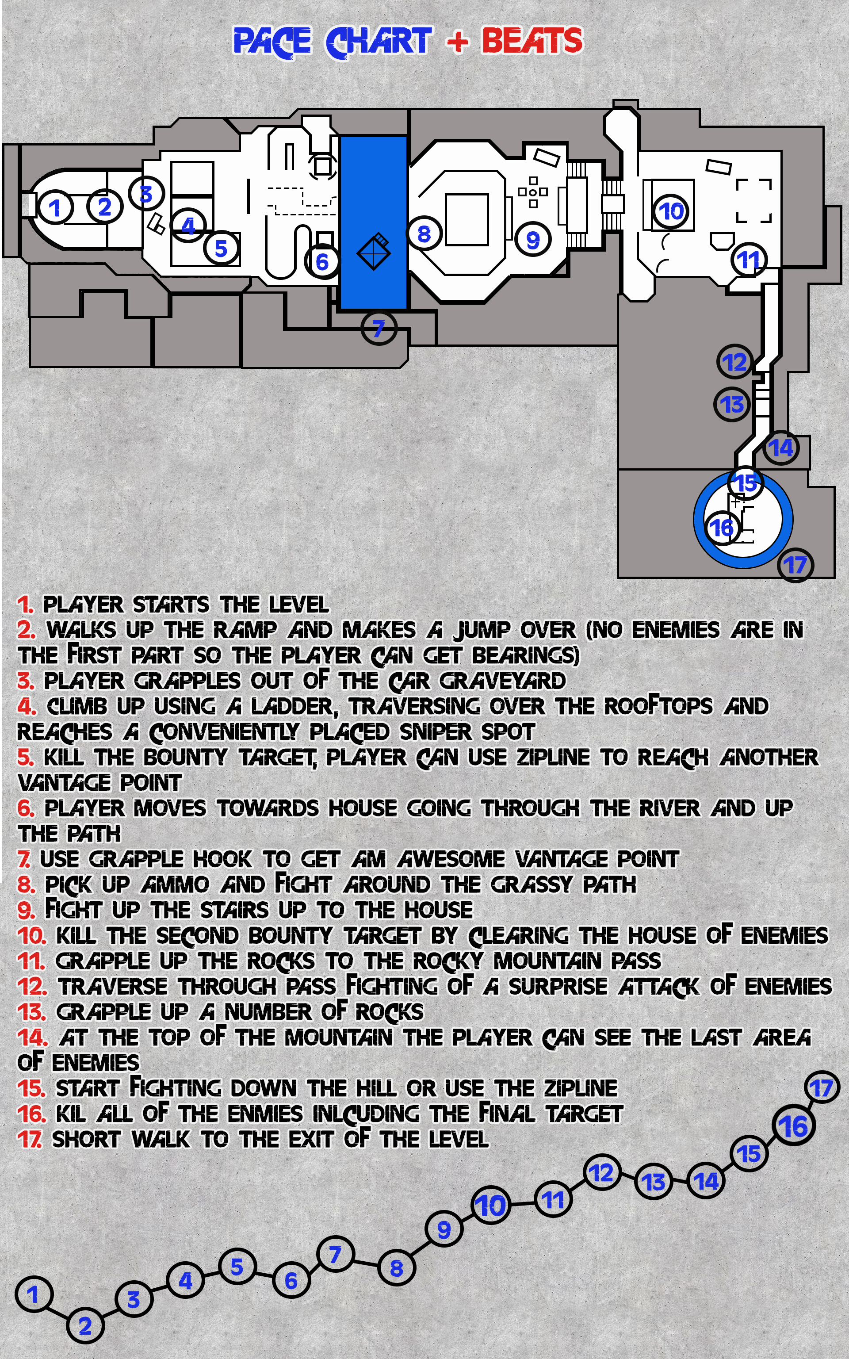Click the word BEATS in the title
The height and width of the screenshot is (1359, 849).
[532, 40]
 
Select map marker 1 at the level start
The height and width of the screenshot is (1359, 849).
[55, 208]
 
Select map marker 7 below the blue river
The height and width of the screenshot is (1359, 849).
[379, 328]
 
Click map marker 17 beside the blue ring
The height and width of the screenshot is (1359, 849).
[795, 565]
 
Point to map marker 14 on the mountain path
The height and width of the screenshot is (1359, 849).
[781, 448]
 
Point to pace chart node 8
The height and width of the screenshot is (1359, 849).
[397, 1268]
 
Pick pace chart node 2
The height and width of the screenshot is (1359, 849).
[85, 1326]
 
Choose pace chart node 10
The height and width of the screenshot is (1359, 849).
[491, 1206]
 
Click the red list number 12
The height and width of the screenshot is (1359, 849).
[32, 987]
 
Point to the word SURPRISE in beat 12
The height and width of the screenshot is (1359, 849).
[558, 987]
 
